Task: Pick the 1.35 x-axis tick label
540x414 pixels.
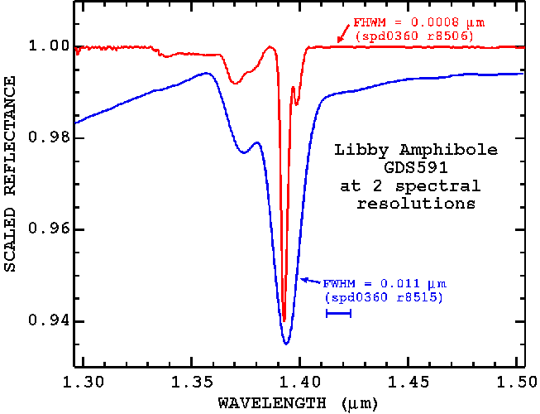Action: (191, 383)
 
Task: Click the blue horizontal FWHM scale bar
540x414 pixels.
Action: (339, 313)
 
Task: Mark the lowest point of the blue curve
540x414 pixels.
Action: (286, 344)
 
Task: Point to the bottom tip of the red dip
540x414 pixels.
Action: (284, 321)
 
